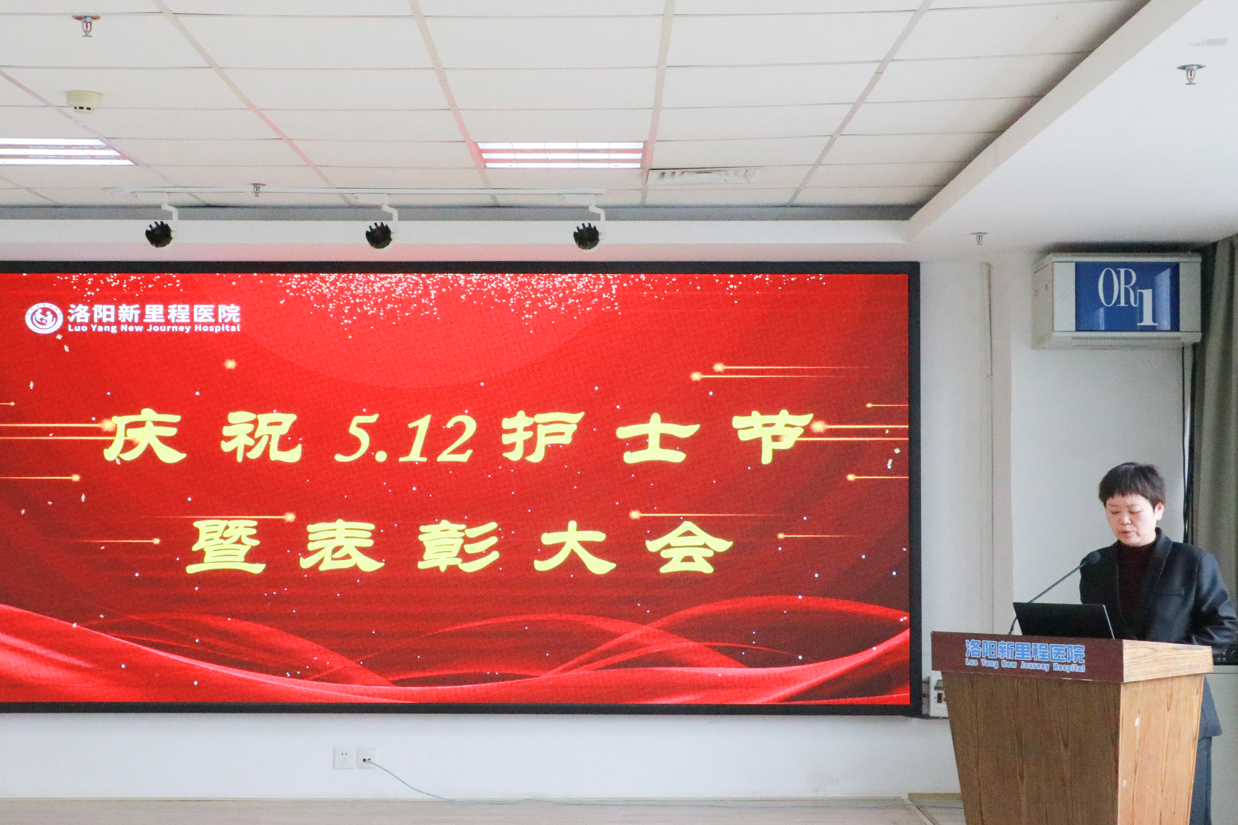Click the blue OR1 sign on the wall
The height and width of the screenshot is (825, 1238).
click(1126, 297)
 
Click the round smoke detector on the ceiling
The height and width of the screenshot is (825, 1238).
click(84, 101)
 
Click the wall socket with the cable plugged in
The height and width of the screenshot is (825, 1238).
click(366, 758)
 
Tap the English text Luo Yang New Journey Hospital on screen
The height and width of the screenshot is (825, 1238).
click(154, 328)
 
